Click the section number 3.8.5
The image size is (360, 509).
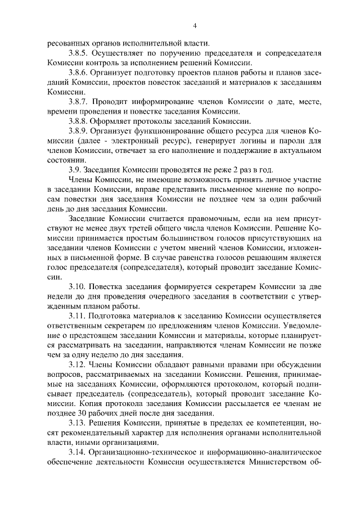78,53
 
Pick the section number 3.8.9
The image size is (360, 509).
78,133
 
